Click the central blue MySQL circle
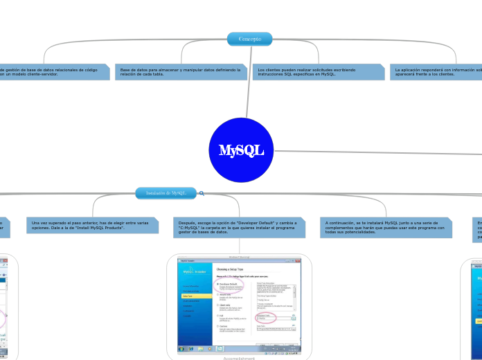pyautogui.click(x=241, y=150)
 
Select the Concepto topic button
pyautogui.click(x=249, y=39)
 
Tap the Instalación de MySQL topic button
pyautogui.click(x=166, y=193)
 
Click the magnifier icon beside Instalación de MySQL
pyautogui.click(x=202, y=193)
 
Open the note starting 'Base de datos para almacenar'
pyautogui.click(x=181, y=72)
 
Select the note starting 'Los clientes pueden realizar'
pyautogui.click(x=319, y=72)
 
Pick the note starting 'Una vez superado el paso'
pyautogui.click(x=92, y=226)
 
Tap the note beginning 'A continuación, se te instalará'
pyautogui.click(x=386, y=228)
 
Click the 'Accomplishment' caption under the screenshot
pyautogui.click(x=239, y=359)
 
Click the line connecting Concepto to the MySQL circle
pyautogui.click(x=248, y=83)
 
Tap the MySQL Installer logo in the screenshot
pyautogui.click(x=194, y=272)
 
